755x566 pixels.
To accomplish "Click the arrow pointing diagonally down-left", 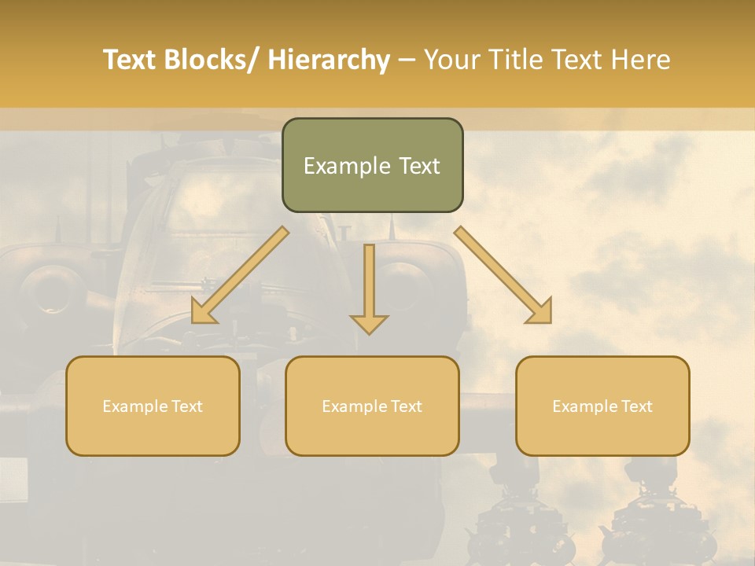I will (x=241, y=275).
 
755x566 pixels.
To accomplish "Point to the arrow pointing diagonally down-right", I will (x=503, y=275).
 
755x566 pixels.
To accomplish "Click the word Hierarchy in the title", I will (x=329, y=61).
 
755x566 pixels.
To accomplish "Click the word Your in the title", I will (x=452, y=61).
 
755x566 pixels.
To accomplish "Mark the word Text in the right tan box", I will (x=636, y=406).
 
